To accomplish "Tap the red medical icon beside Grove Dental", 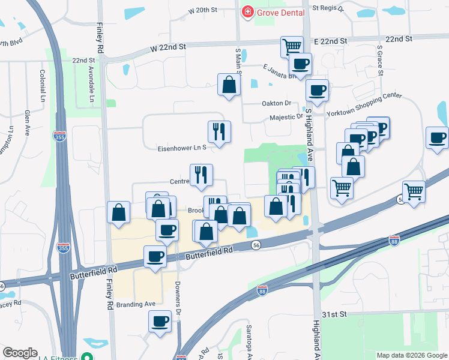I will click(x=247, y=12).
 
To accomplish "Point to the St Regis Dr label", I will click(x=328, y=9).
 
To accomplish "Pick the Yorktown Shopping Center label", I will click(x=364, y=112).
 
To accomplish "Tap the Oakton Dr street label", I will click(x=276, y=103).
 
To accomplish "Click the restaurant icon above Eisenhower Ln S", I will click(x=219, y=131).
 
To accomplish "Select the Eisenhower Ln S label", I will click(x=182, y=147).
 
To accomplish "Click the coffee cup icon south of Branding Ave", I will click(x=160, y=322).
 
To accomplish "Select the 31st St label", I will click(x=334, y=314).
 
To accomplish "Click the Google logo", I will click(x=20, y=353).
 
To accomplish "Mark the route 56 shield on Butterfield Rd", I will click(x=256, y=245).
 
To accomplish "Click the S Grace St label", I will click(x=379, y=61).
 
